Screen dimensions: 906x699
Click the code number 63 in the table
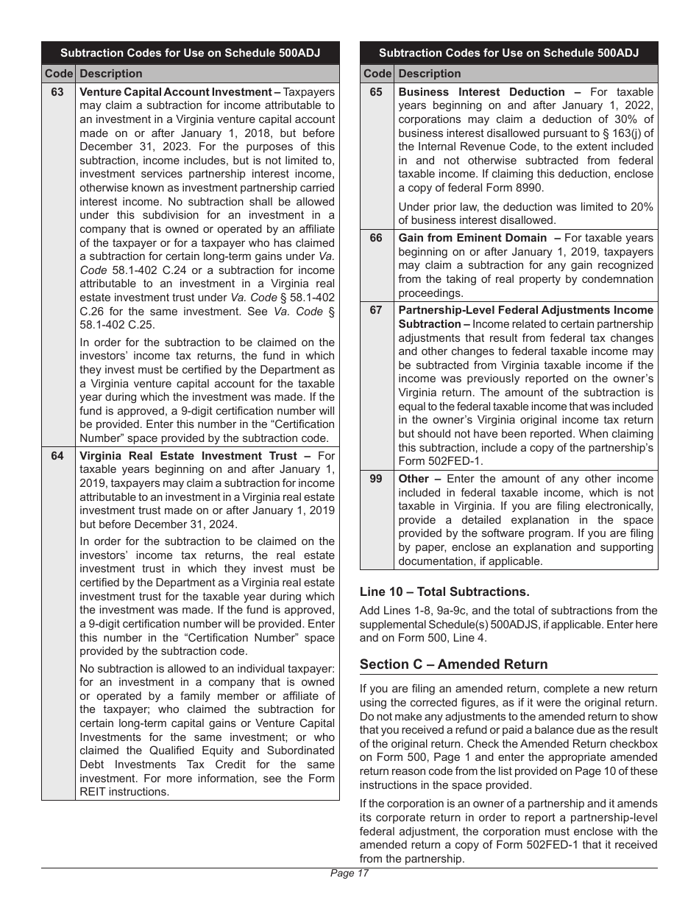click(58, 92)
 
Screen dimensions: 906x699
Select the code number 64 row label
click(58, 456)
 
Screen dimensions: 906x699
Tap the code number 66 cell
click(376, 238)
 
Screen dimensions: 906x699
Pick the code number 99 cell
click(376, 479)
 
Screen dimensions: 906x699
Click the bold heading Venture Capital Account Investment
click(175, 92)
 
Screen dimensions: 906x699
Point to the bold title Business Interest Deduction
click(482, 92)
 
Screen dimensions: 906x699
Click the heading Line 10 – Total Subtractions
click(444, 591)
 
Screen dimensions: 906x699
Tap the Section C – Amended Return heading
click(453, 664)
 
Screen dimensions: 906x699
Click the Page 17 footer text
click(349, 874)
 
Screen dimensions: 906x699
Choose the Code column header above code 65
click(377, 74)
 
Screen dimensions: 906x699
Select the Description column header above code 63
click(111, 74)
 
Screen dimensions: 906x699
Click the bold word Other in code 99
click(414, 479)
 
